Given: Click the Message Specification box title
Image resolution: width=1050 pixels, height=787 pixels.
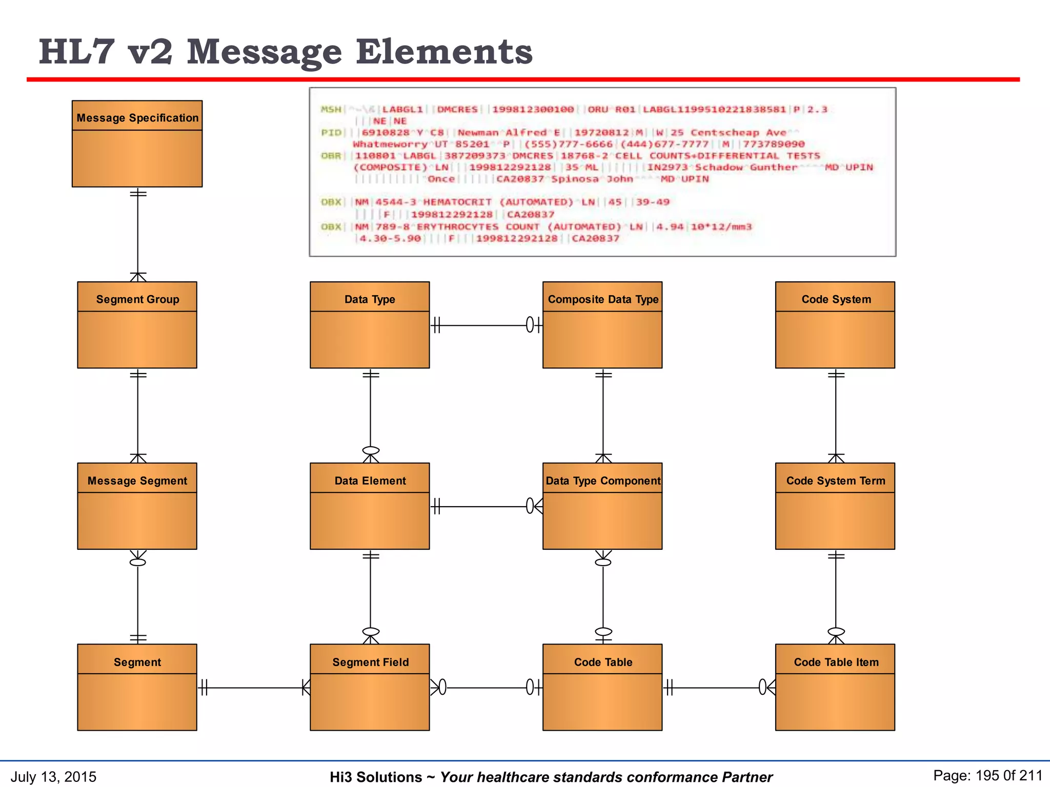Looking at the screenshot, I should click(x=137, y=118).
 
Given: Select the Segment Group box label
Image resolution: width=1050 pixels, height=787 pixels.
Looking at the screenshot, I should click(x=137, y=299).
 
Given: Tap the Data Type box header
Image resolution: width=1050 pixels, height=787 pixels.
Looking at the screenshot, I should click(x=370, y=299).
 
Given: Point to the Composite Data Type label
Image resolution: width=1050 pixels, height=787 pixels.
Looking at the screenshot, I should click(x=603, y=299).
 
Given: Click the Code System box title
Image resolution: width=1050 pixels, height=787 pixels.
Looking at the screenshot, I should click(x=836, y=299).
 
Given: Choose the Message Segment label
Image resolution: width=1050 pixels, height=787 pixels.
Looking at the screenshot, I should click(x=137, y=481).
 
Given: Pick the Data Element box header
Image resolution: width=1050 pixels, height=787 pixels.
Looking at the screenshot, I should click(x=370, y=481).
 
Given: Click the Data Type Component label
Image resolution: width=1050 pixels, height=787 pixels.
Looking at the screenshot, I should click(x=603, y=481).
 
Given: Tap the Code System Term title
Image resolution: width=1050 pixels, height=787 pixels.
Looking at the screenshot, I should click(x=836, y=481).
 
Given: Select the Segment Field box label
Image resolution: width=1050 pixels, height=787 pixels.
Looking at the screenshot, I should click(x=370, y=662).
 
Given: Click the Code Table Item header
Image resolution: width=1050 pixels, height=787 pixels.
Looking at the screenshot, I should click(x=836, y=662).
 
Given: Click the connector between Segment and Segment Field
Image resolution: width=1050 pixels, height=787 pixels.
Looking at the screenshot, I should click(x=254, y=688).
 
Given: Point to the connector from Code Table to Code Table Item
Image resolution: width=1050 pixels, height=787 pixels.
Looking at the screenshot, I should click(x=718, y=688).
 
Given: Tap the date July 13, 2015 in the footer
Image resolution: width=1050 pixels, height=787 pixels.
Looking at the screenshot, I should click(x=53, y=777).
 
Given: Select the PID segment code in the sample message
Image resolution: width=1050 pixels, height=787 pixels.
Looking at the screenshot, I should click(x=331, y=133).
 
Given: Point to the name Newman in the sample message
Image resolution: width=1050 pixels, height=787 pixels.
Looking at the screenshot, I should click(x=478, y=133).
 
